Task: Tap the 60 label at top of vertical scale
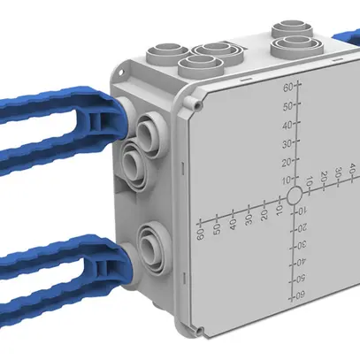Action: tap(287, 88)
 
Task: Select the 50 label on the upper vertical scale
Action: tap(287, 105)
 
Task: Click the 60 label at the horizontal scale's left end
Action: tap(201, 233)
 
